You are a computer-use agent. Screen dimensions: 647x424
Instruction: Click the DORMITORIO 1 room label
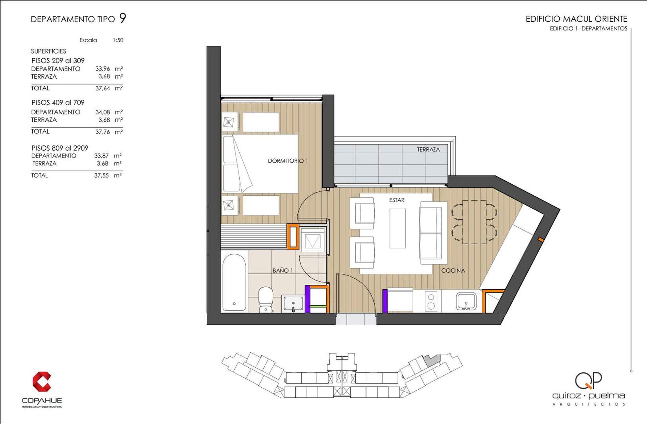[288, 161]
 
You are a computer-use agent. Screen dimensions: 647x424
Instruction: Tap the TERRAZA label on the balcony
[428, 149]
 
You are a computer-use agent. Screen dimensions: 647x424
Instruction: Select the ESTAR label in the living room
[397, 200]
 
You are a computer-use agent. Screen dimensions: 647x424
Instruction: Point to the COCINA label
[453, 270]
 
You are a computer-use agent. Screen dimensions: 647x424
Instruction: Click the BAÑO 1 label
[282, 270]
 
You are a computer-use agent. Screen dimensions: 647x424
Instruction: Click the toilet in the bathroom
[266, 299]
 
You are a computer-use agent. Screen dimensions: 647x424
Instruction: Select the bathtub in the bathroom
[234, 282]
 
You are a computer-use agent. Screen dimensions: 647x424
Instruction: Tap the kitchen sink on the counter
[466, 301]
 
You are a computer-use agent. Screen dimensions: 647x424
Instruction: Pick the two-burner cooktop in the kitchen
[431, 301]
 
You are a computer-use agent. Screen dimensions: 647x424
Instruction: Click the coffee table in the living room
[398, 228]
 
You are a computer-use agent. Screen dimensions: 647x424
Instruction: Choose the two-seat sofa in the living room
[431, 233]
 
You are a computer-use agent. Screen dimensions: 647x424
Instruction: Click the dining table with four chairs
[474, 222]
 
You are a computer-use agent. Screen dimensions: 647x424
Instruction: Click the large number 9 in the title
[123, 18]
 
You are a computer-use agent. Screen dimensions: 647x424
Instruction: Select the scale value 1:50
[118, 40]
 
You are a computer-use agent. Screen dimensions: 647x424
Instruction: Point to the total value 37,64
[103, 88]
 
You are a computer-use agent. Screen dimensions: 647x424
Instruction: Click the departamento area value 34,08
[103, 112]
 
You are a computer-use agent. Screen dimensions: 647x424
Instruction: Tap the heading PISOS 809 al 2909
[60, 148]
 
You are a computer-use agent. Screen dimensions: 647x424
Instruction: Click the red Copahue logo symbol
[42, 382]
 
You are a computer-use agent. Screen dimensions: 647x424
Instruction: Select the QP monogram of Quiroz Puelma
[588, 380]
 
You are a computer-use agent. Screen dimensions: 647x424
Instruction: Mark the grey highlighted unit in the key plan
[432, 360]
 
